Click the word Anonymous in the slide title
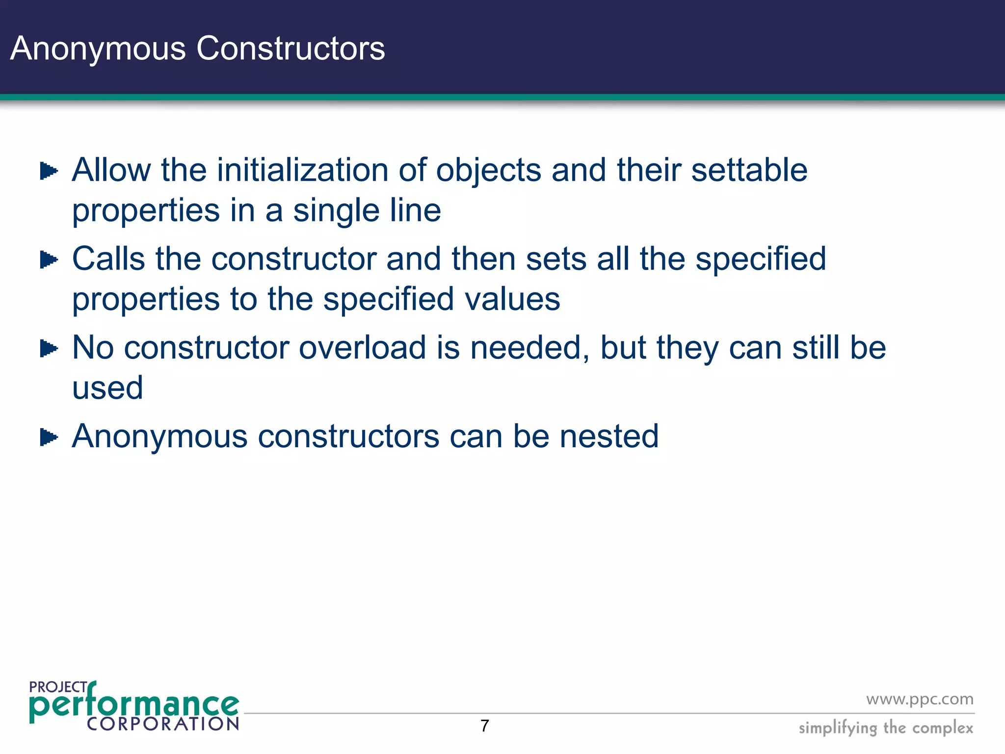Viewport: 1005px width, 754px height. click(98, 49)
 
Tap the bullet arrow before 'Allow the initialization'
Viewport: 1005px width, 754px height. click(49, 171)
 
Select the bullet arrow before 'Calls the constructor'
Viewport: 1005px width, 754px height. click(49, 260)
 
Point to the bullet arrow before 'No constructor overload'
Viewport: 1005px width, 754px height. click(49, 349)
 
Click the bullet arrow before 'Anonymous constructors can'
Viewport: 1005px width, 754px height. click(49, 437)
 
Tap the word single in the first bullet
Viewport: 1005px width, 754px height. click(336, 211)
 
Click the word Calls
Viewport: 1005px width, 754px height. click(108, 259)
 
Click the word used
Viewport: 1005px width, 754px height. click(107, 388)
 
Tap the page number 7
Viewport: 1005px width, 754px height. click(485, 726)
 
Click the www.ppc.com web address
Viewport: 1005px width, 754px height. click(920, 699)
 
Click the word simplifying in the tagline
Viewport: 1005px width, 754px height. click(837, 728)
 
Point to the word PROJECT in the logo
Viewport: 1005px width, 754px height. click(58, 687)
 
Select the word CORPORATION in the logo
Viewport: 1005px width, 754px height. click(163, 724)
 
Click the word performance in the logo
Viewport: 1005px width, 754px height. click(134, 705)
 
